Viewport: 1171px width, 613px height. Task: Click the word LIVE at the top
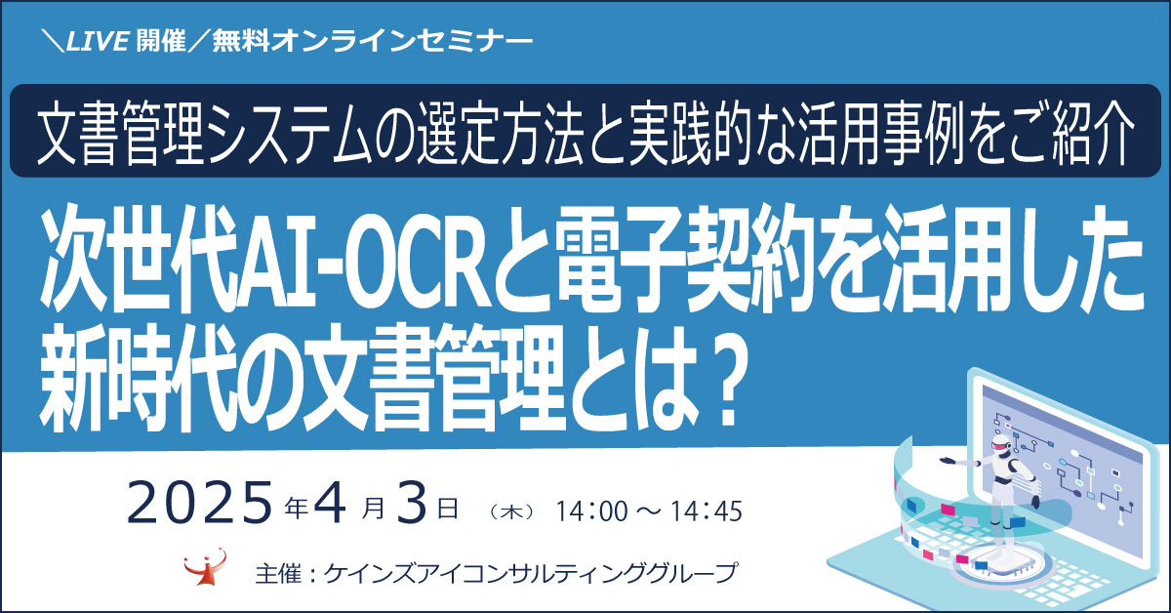coord(98,40)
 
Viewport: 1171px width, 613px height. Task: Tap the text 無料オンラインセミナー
coord(372,41)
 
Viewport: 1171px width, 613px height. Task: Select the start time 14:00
coord(591,511)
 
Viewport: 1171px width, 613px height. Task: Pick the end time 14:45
coord(706,511)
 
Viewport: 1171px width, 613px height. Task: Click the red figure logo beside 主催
coord(206,567)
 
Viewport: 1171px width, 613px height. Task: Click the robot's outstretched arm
coord(961,462)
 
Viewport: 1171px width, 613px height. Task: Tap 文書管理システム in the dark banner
coord(214,131)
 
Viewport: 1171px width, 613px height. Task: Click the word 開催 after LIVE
coord(162,40)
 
